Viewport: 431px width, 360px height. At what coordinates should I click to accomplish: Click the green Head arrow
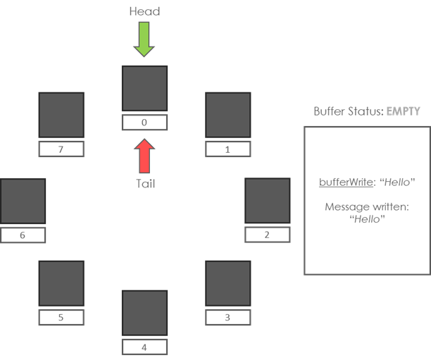click(x=144, y=39)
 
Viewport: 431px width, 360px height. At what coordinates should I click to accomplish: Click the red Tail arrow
click(x=144, y=156)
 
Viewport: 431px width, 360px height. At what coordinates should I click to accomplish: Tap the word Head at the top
click(x=144, y=11)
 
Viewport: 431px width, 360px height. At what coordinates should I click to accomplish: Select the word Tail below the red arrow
click(x=144, y=184)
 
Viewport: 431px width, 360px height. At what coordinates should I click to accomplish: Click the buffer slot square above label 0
click(x=144, y=88)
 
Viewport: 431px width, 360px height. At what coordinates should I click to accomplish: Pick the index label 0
click(x=144, y=123)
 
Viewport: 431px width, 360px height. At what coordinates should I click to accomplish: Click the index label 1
click(x=227, y=149)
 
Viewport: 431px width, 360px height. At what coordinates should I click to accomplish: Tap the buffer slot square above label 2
click(x=267, y=201)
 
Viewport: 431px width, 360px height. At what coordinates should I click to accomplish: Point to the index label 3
click(x=227, y=318)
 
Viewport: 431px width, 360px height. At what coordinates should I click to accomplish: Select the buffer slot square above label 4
click(x=144, y=312)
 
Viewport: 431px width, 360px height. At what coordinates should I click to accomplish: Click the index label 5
click(x=61, y=318)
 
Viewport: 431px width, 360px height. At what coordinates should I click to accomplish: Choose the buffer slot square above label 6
click(x=23, y=201)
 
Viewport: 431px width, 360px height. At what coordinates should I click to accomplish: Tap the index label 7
click(x=61, y=149)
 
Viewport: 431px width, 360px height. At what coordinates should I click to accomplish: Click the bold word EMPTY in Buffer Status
click(x=404, y=111)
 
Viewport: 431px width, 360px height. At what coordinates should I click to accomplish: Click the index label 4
click(x=144, y=347)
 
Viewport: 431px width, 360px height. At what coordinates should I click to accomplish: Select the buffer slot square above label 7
click(x=61, y=115)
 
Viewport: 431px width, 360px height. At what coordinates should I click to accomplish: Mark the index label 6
click(x=23, y=235)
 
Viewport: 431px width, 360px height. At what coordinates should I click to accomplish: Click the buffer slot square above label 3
click(x=227, y=283)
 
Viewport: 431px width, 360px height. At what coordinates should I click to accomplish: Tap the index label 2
click(x=267, y=235)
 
